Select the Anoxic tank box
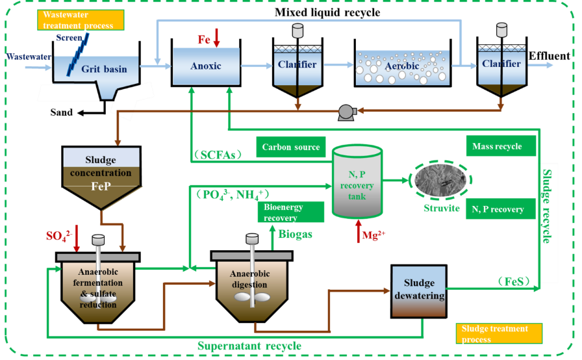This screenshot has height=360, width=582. pos(206,66)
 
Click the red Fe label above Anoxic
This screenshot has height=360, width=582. pos(204,40)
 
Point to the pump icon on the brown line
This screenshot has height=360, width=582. pos(345,112)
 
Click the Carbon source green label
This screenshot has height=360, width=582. pos(290,147)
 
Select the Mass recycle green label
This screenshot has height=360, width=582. pos(501,146)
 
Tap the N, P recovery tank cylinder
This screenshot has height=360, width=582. pos(357,181)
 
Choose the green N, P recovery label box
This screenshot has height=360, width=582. pos(500,209)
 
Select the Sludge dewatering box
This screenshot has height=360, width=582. pos(419,290)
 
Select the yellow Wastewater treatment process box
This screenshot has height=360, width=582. pos(81,20)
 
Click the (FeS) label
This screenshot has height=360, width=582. pos(518,281)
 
